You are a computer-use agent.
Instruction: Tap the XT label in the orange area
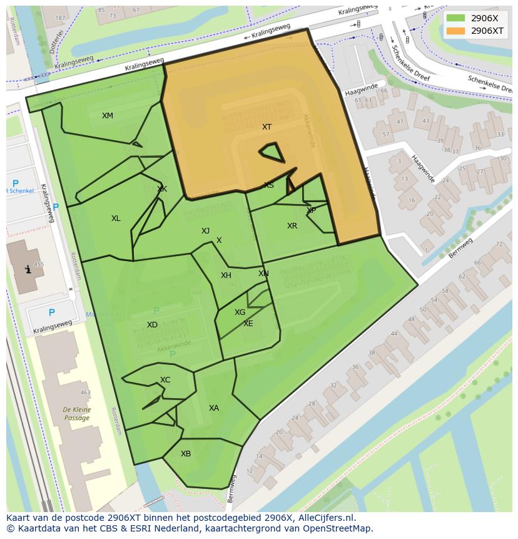267,127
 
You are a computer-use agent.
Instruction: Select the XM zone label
108,116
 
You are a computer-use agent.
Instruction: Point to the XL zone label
116,218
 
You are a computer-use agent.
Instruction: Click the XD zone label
152,325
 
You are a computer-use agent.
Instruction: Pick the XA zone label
214,408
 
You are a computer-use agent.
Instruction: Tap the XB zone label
186,454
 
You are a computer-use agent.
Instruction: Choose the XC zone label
165,380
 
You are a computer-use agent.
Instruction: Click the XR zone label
292,226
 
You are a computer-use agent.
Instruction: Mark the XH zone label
226,275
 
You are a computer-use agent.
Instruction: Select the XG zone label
240,312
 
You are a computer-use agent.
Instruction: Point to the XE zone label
248,324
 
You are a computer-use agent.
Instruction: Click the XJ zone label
205,231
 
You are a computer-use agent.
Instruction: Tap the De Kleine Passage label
77,414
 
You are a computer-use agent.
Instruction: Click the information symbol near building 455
27,270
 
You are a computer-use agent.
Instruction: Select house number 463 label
85,393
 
